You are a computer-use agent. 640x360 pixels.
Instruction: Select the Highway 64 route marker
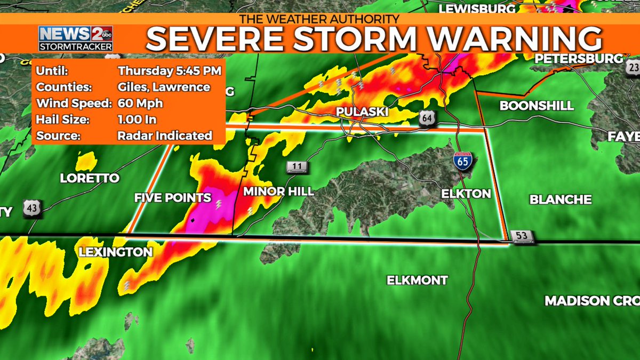point(426,118)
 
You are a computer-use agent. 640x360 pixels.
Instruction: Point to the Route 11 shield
point(297,167)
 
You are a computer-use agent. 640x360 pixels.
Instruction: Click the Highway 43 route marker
point(31,209)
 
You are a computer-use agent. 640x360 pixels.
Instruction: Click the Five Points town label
point(172,198)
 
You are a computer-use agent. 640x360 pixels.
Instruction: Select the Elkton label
point(466,194)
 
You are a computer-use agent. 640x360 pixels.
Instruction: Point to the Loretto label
point(89,178)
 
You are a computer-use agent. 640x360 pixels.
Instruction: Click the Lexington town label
point(115,252)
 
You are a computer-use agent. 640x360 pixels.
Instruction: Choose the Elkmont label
point(417,280)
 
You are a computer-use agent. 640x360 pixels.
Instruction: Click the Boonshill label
point(536,106)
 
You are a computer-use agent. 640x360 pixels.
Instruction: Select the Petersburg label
point(579,58)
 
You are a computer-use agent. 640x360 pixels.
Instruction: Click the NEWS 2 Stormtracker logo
point(75,38)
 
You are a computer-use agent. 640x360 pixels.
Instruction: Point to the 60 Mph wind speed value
point(140,103)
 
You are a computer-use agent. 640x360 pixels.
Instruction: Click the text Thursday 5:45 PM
point(170,71)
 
